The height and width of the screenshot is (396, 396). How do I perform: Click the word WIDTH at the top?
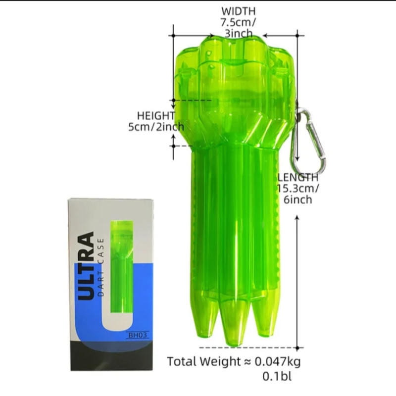(x=239, y=11)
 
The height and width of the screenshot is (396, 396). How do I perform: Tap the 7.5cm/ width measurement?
(x=238, y=22)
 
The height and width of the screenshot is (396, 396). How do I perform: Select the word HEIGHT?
(x=156, y=116)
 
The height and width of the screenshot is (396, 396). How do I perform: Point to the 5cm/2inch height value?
(x=156, y=127)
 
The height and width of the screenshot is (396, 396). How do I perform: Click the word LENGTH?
(x=298, y=177)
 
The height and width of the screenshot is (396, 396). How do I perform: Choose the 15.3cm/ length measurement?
(x=298, y=189)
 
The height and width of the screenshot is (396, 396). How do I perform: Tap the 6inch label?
(x=298, y=199)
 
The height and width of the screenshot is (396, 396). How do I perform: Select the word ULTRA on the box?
(x=86, y=266)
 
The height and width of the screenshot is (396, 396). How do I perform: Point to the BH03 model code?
(x=138, y=335)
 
